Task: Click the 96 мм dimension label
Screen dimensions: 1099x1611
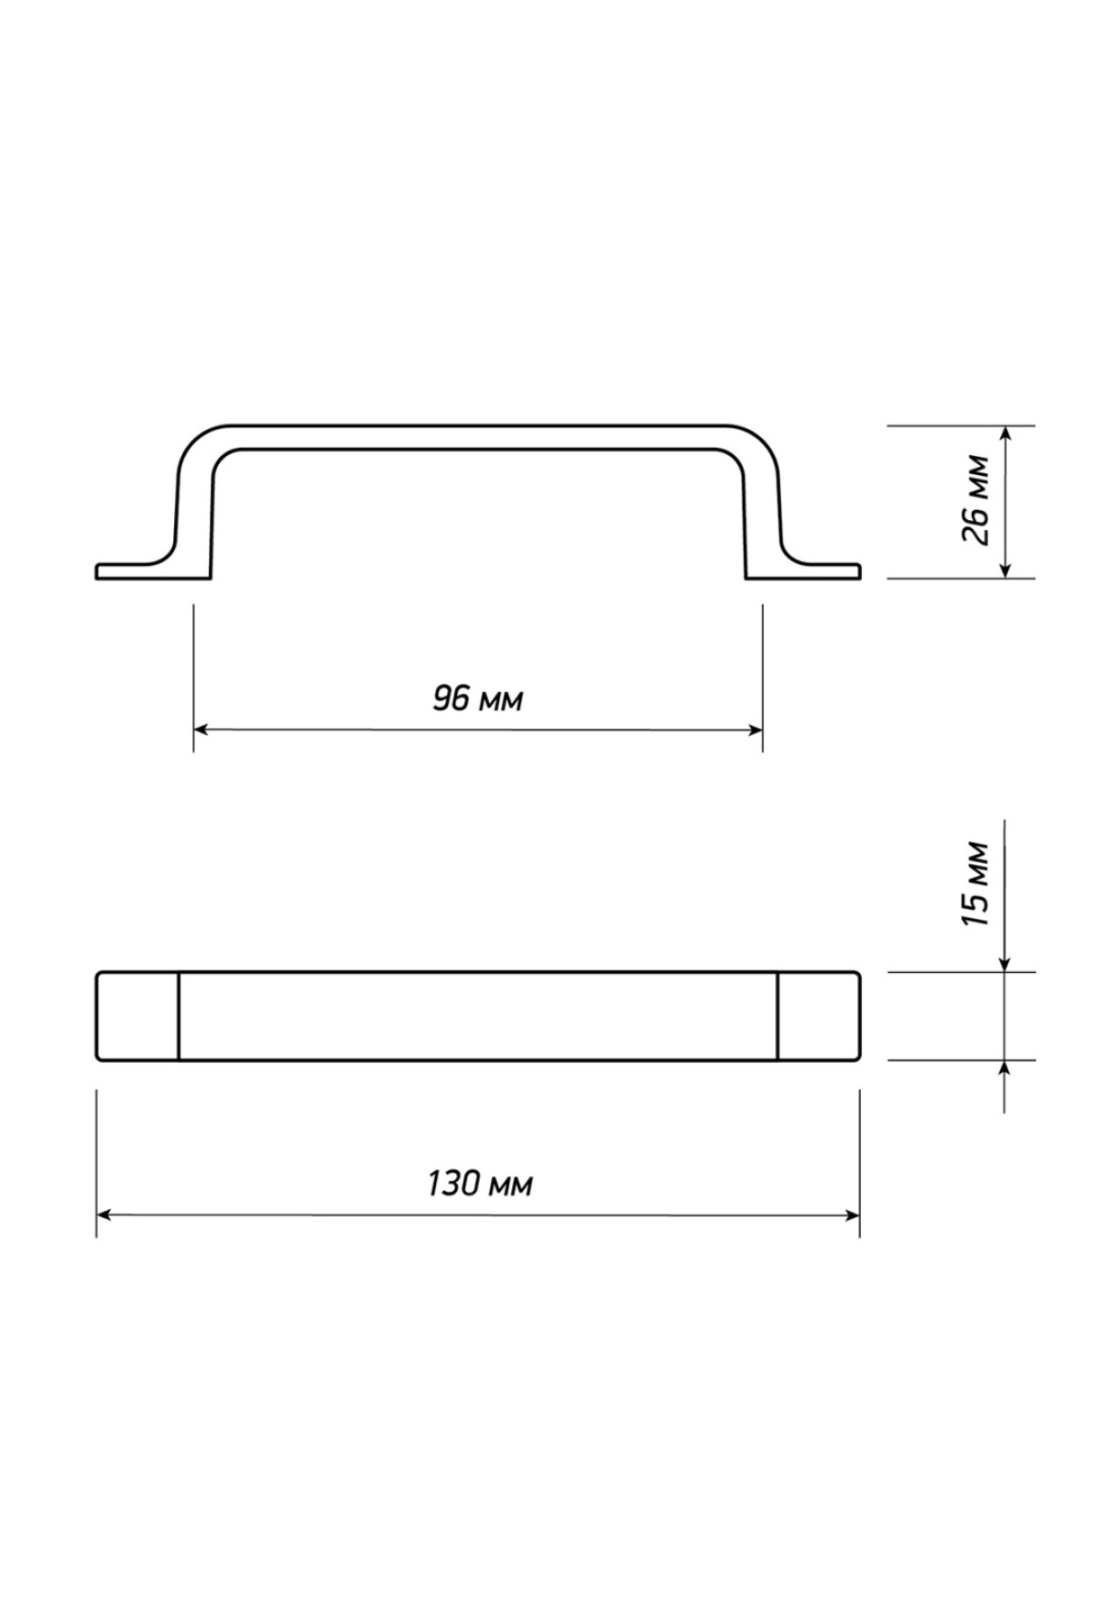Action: pyautogui.click(x=478, y=700)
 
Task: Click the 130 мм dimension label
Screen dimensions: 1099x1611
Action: pyautogui.click(x=479, y=1184)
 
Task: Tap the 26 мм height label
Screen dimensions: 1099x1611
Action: pyautogui.click(x=976, y=501)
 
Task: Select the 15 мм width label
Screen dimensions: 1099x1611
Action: pyautogui.click(x=976, y=883)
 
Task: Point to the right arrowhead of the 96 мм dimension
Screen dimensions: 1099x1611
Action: pyautogui.click(x=754, y=730)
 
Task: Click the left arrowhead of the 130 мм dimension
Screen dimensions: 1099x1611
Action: pyautogui.click(x=106, y=1215)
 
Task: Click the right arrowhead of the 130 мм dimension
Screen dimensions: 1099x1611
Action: pyautogui.click(x=850, y=1215)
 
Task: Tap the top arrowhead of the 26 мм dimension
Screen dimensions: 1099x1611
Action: pyautogui.click(x=1006, y=436)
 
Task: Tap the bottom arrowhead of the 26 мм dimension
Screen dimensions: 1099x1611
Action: pyautogui.click(x=1006, y=568)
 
